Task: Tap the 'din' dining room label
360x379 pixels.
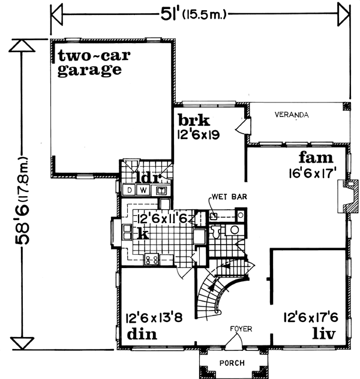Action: coord(142,333)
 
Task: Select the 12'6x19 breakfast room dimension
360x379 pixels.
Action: coord(197,134)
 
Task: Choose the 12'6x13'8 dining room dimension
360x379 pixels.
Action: coord(150,317)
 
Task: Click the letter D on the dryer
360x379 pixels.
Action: coord(129,191)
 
